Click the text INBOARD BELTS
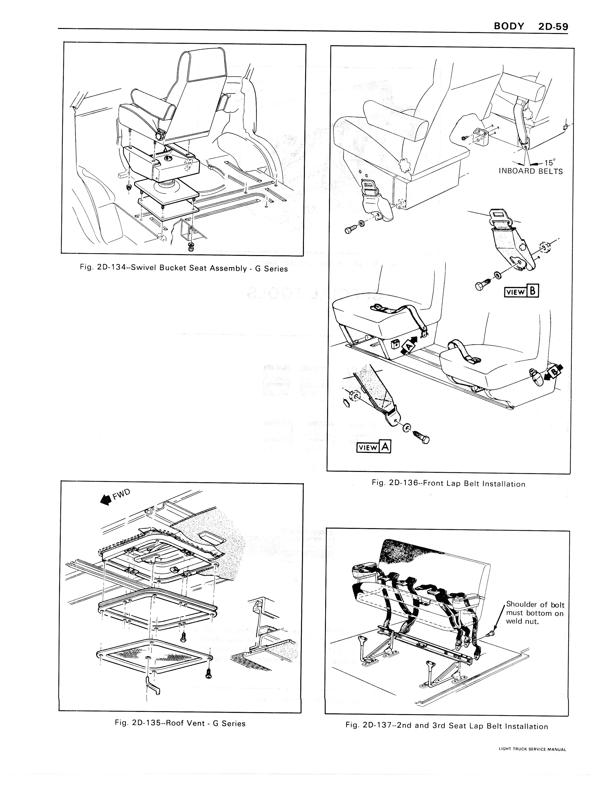[x=530, y=171]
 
